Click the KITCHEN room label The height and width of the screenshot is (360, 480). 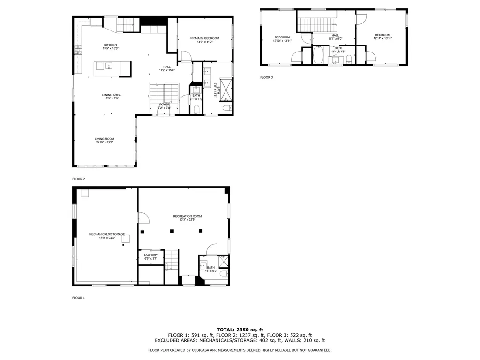[110, 45]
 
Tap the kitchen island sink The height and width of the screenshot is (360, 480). [108, 66]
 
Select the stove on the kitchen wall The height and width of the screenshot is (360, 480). [77, 47]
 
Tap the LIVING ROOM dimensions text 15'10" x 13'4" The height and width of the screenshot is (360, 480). [105, 142]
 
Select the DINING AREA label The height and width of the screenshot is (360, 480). [112, 95]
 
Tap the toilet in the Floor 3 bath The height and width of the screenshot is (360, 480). [349, 59]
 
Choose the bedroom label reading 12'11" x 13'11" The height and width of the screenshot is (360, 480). [382, 38]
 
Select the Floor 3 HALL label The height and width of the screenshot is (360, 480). [335, 35]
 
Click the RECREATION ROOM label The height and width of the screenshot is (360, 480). [187, 216]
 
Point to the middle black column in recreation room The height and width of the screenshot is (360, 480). [186, 230]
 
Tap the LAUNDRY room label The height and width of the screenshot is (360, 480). [150, 255]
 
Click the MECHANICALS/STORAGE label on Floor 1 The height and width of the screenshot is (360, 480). [107, 234]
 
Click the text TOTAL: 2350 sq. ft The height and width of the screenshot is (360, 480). [240, 330]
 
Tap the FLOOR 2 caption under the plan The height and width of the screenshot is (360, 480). [78, 179]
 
